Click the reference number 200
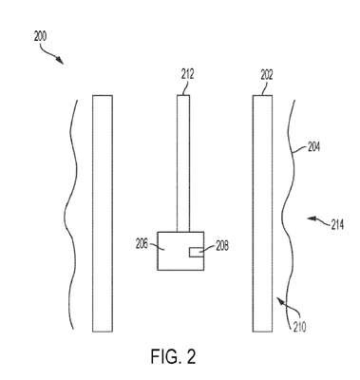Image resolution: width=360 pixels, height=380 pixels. click(40, 37)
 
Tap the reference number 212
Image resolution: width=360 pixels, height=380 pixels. click(187, 75)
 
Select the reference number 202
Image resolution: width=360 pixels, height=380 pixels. click(267, 75)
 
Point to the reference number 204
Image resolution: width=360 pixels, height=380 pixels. click(313, 147)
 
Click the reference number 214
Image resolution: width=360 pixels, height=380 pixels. click(337, 225)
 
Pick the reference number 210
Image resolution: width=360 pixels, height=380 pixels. click(299, 327)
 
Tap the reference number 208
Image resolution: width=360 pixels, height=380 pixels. click(222, 246)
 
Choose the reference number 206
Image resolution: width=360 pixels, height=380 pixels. click(142, 244)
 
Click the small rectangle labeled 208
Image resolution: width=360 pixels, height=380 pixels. click(197, 253)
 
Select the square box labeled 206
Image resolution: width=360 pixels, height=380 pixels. click(180, 251)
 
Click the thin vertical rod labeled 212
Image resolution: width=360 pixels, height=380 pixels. click(183, 163)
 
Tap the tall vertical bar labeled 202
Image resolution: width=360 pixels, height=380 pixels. click(262, 214)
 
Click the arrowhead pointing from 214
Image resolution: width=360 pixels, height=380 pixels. click(312, 218)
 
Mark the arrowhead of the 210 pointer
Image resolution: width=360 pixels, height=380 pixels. click(280, 300)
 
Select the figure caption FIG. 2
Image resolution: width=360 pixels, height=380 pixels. click(173, 356)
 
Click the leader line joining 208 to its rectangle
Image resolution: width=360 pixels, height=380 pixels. click(207, 250)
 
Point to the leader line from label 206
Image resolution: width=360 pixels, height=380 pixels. click(157, 246)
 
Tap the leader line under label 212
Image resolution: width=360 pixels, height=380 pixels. click(185, 87)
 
